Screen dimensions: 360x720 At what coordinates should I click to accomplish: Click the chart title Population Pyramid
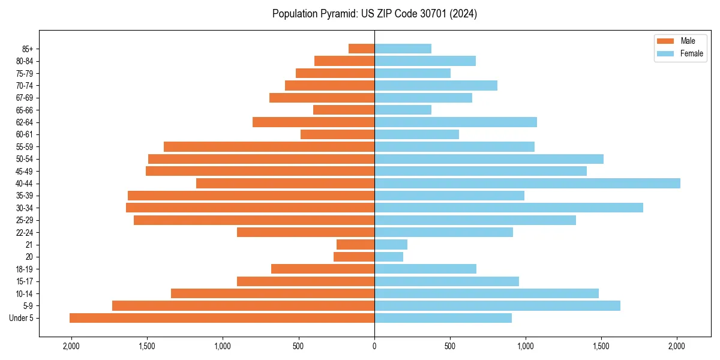[x=374, y=14]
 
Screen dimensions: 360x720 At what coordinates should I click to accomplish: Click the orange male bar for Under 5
[x=222, y=318]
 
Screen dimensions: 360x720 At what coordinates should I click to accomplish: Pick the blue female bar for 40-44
[x=527, y=183]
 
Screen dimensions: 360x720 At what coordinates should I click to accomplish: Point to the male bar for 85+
[x=361, y=49]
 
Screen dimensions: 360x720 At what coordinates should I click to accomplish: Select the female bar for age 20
[x=389, y=257]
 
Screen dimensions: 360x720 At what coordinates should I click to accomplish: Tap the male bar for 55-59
[x=269, y=146]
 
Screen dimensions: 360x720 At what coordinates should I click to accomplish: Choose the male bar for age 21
[x=355, y=244]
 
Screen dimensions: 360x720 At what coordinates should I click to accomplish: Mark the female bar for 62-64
[x=455, y=122]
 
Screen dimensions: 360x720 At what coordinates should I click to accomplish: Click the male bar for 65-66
[x=344, y=110]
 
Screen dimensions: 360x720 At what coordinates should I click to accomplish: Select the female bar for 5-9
[x=497, y=305]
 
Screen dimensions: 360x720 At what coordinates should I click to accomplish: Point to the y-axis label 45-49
[x=25, y=171]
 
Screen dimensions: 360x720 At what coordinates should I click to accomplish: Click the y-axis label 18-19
[x=25, y=269]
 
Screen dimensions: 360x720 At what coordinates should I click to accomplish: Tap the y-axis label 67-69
[x=25, y=98]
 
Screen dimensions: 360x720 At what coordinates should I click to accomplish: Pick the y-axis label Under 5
[x=22, y=318]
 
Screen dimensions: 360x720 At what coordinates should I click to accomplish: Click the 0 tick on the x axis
[x=374, y=346]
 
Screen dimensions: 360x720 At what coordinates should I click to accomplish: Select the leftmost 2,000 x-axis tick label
[x=71, y=346]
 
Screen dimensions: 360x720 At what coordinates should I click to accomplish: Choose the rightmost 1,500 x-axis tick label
[x=601, y=346]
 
